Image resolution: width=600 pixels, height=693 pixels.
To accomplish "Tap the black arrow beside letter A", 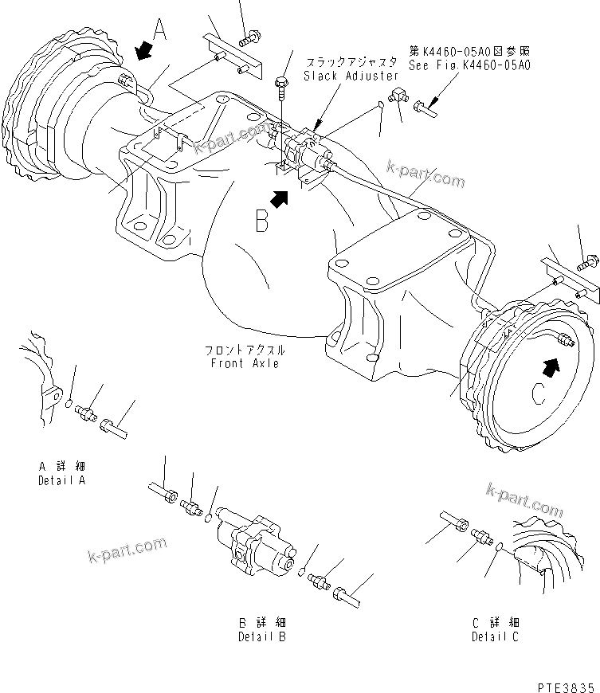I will tap(143, 52).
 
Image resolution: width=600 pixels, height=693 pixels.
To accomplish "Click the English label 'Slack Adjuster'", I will tap(351, 76).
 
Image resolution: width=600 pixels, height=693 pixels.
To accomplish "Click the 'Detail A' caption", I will tap(61, 480).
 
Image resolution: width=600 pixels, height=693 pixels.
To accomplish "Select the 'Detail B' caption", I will tap(262, 636).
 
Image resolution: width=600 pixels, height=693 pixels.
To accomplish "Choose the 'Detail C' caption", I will tap(495, 636).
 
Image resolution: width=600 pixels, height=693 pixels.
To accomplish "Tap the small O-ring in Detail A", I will tap(70, 404).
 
